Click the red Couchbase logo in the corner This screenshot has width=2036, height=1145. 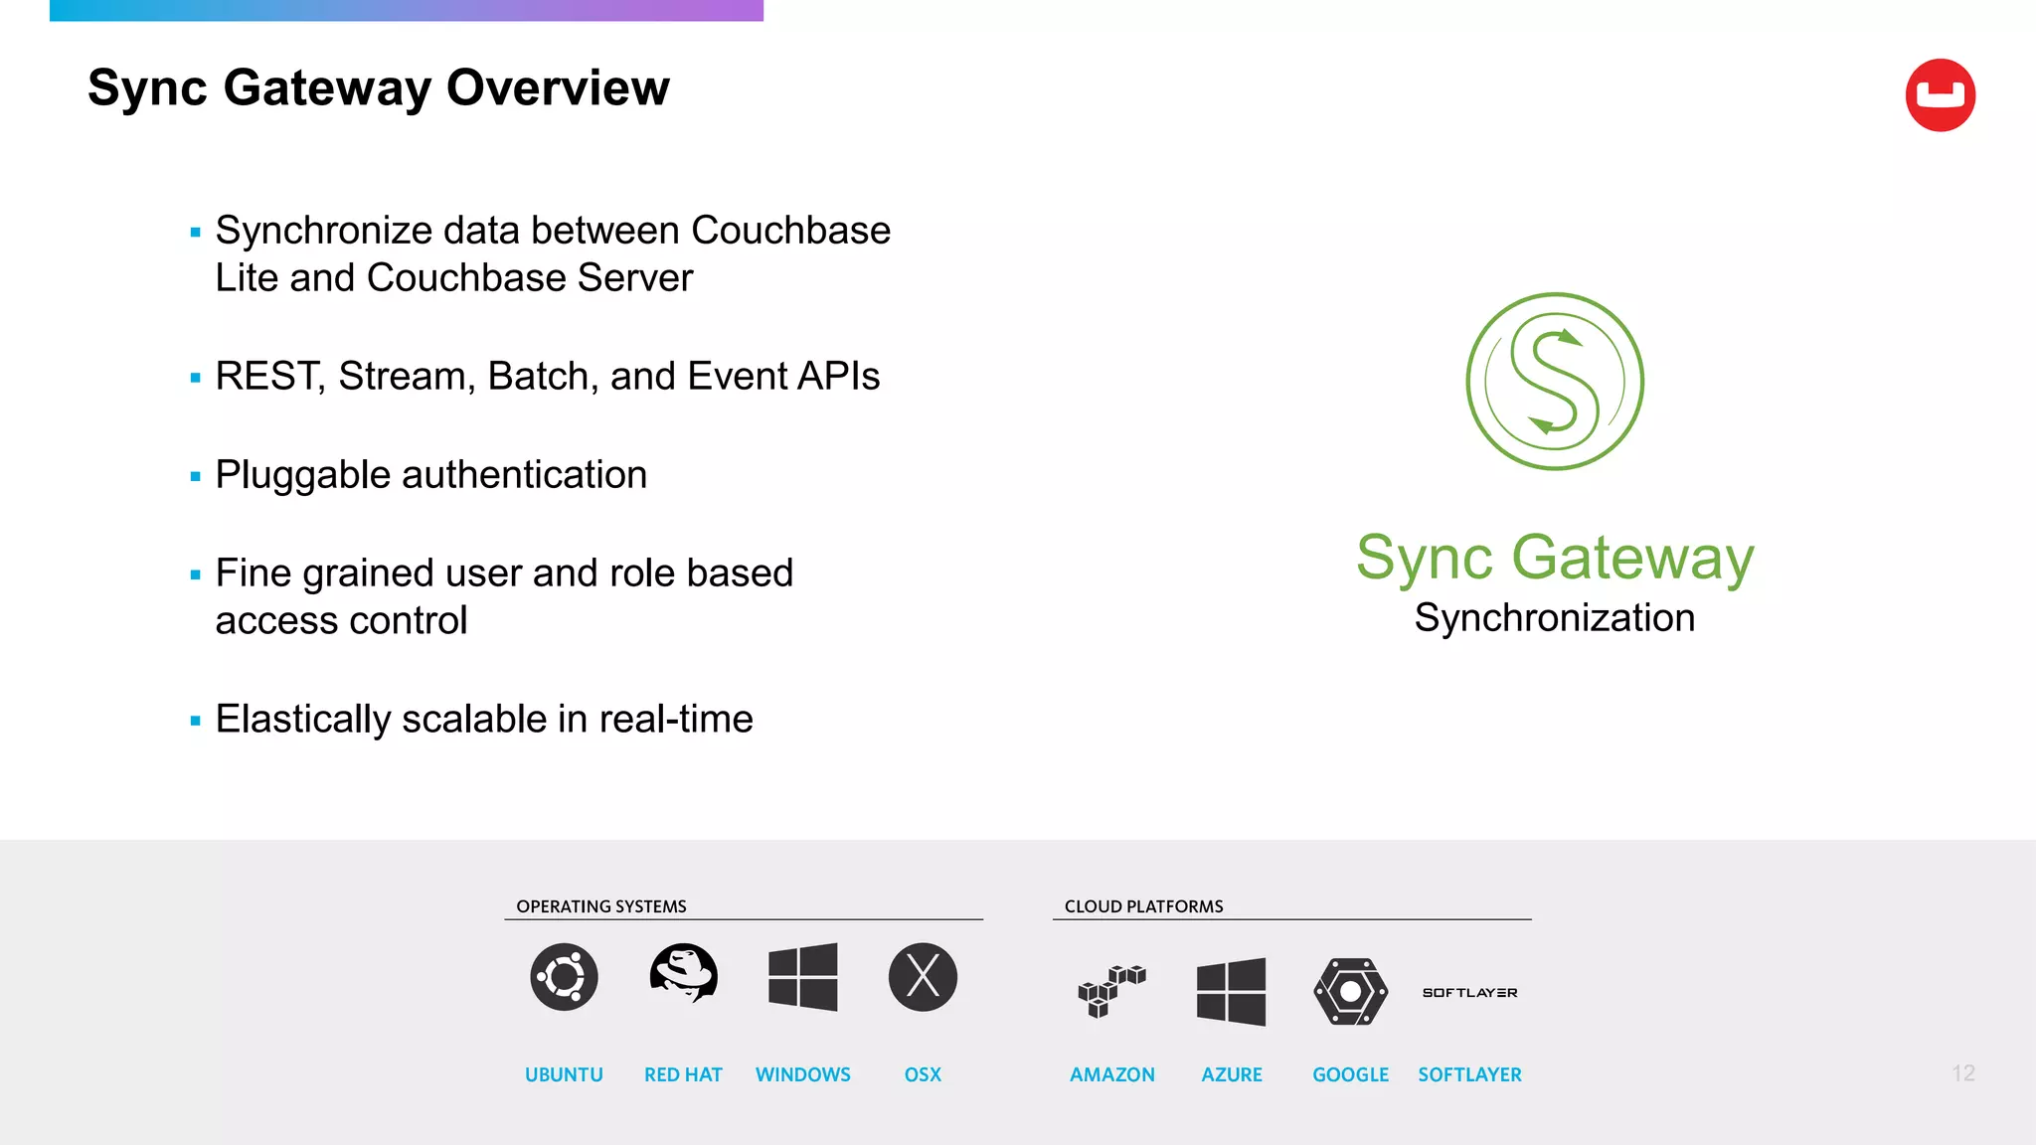(1940, 95)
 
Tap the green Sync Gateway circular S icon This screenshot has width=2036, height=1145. (1555, 382)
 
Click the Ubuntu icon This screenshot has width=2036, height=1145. (564, 977)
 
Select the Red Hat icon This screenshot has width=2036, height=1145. (683, 973)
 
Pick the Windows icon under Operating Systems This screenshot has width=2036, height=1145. (803, 977)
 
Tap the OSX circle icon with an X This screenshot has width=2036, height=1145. (923, 977)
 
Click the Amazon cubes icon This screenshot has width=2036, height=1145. (1111, 991)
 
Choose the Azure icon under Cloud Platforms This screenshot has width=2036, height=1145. (1231, 991)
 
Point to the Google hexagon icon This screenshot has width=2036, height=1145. (1350, 991)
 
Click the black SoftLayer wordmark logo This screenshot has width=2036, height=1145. (1469, 993)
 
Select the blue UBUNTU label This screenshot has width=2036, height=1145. (564, 1074)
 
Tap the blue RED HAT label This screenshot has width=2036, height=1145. (683, 1074)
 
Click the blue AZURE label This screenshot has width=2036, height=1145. (1231, 1074)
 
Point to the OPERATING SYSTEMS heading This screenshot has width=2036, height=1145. (601, 906)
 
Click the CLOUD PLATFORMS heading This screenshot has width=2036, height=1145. (1143, 906)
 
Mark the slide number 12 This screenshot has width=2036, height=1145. (1962, 1073)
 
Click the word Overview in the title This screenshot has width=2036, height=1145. (558, 87)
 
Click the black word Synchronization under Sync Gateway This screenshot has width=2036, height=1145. (1554, 618)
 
